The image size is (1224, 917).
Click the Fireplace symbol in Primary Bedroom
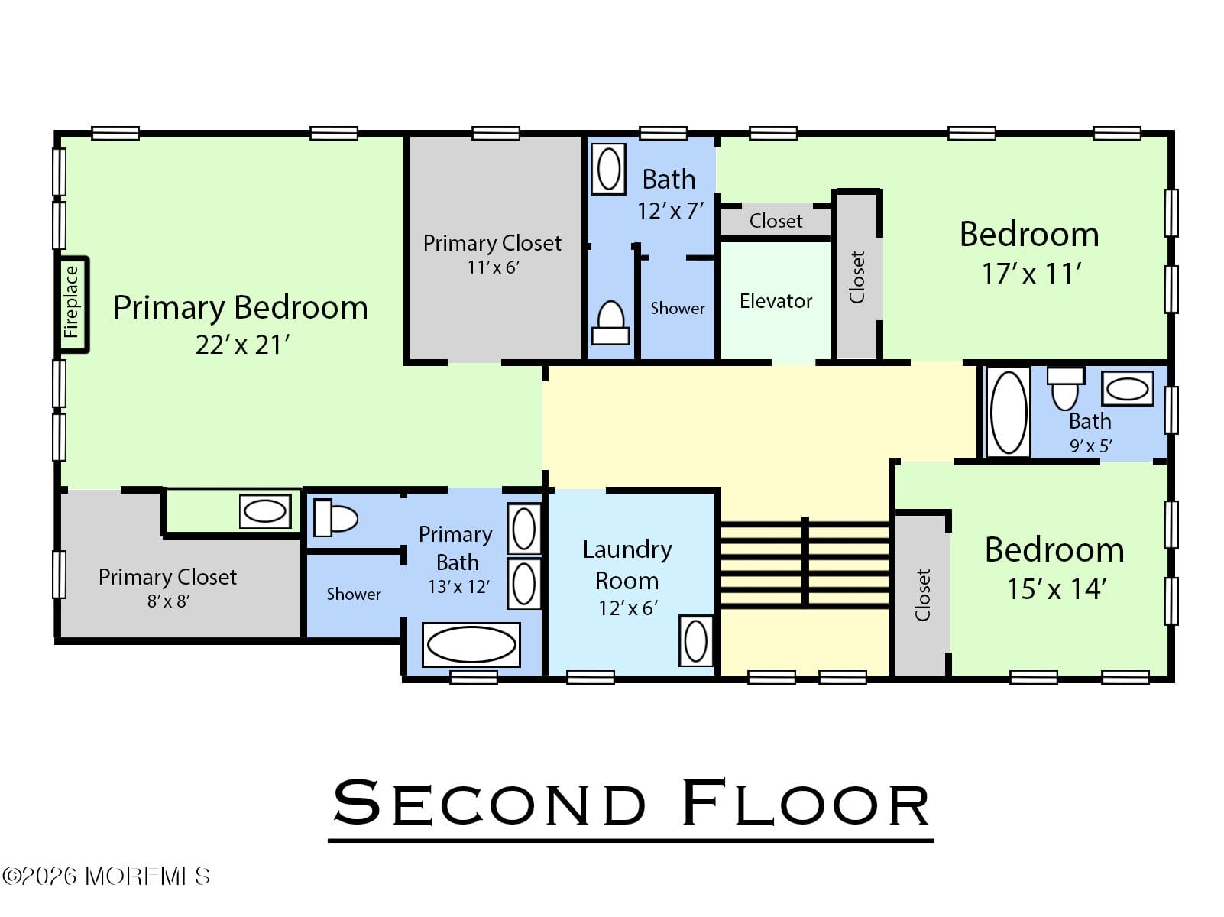point(73,304)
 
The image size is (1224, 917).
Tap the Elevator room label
point(776,301)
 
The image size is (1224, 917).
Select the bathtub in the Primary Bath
point(471,645)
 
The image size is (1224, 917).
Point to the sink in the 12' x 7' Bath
point(609,169)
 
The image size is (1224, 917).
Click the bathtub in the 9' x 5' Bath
point(1009,413)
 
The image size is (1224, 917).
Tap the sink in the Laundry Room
point(695,640)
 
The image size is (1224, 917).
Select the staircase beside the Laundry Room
point(805,564)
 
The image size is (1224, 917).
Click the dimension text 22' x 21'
point(242,345)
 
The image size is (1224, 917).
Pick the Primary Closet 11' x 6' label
point(492,244)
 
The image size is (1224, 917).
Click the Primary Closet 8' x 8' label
point(167,577)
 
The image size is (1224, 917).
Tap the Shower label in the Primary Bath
point(354,595)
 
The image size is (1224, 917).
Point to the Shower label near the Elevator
point(677,309)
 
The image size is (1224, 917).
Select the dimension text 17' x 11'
point(1031,274)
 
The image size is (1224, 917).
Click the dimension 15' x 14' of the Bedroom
point(1056,589)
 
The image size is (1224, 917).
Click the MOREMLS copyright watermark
point(106,876)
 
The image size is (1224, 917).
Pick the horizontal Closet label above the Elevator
point(776,222)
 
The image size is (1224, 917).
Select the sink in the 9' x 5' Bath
point(1127,389)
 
